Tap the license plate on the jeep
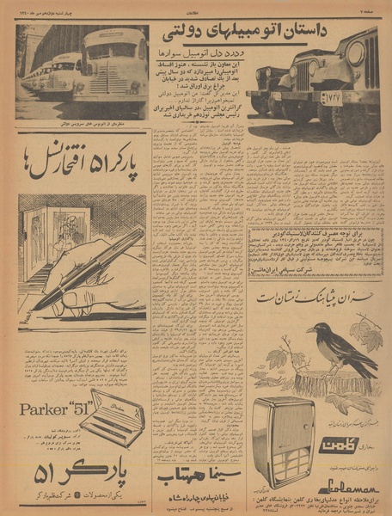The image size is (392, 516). tap(329, 98)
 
